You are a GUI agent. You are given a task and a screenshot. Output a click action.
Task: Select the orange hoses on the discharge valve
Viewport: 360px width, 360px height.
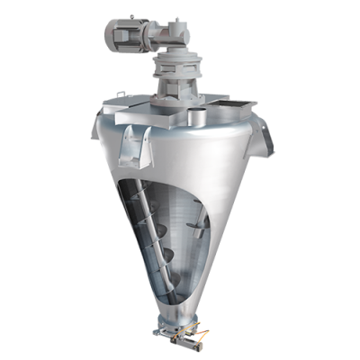point(203,334)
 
